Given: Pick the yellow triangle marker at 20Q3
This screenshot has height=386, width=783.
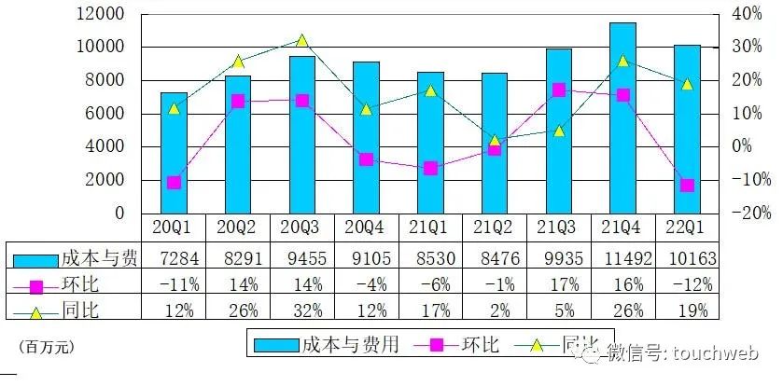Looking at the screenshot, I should [x=301, y=40].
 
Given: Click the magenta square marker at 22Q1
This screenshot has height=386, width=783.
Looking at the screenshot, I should [x=687, y=186].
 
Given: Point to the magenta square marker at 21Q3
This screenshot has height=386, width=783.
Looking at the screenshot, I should [x=558, y=90].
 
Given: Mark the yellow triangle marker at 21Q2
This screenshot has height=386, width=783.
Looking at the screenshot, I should [x=495, y=141].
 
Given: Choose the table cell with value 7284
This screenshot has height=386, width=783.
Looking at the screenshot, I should [x=174, y=255].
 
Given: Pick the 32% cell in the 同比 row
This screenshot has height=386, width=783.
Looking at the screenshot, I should [x=301, y=310].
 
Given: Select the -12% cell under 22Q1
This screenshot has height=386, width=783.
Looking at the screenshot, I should [x=688, y=283].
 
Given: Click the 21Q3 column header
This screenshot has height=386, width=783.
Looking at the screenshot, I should [x=558, y=227].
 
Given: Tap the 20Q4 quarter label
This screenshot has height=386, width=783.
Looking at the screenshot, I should [x=366, y=227].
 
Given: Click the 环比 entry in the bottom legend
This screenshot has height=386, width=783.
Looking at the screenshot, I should [x=476, y=344].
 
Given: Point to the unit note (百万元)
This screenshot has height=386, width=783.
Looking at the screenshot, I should [x=46, y=347].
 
